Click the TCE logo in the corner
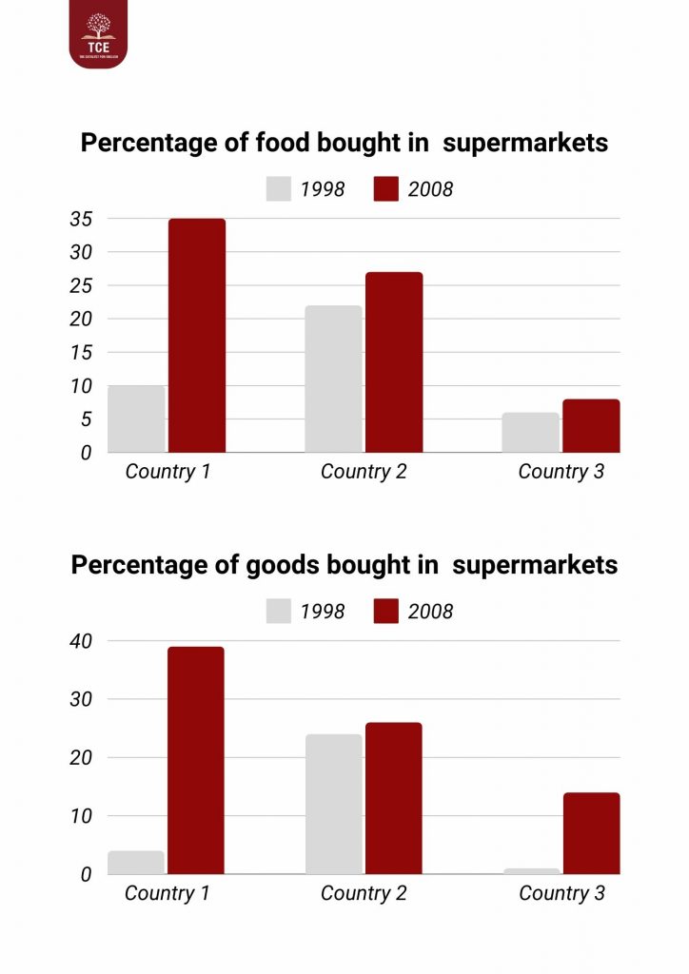[x=97, y=34]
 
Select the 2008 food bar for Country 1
[x=197, y=336]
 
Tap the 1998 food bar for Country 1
[x=136, y=419]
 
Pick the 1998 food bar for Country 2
[x=333, y=379]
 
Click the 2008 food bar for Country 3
[x=591, y=425]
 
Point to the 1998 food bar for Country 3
[x=530, y=432]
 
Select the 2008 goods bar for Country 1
[x=196, y=760]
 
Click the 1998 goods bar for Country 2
[x=333, y=804]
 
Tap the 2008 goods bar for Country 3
[x=591, y=833]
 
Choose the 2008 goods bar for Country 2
[x=394, y=798]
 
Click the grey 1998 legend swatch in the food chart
[x=279, y=188]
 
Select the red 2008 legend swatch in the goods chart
[x=385, y=611]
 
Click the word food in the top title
[x=280, y=143]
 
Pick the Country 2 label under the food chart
[x=364, y=472]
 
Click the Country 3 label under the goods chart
[x=561, y=893]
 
